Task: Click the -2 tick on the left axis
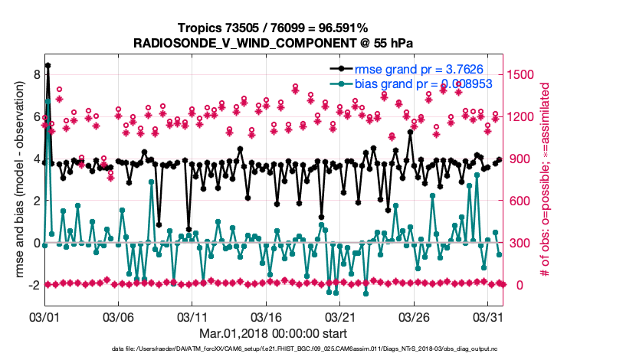[32, 285]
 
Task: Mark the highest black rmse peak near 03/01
[48, 66]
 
